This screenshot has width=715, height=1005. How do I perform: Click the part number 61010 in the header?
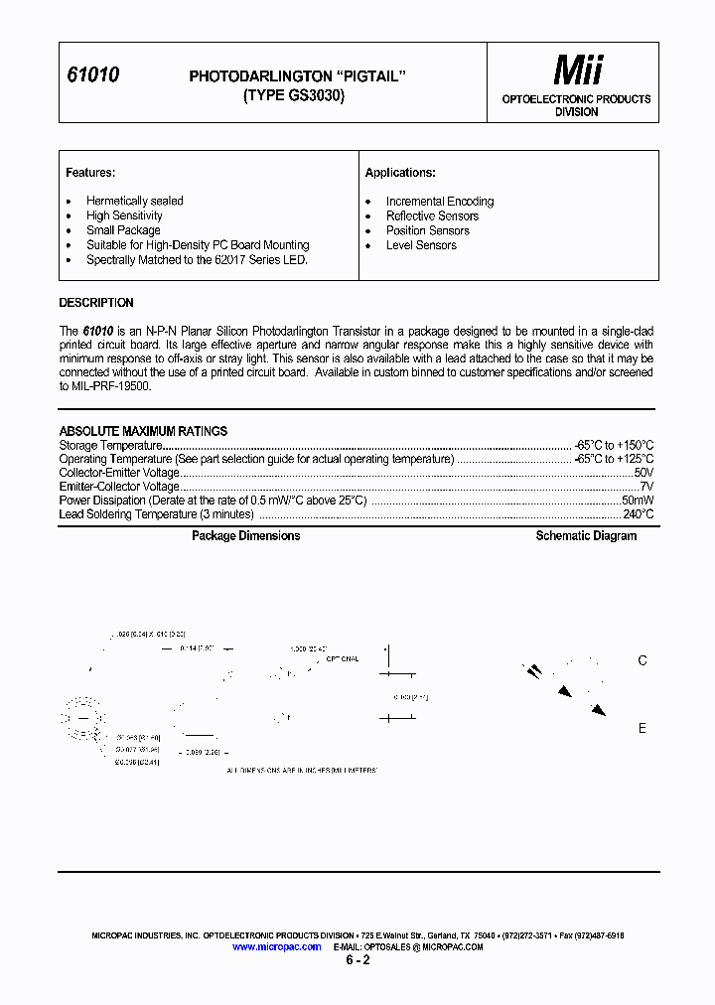pyautogui.click(x=92, y=75)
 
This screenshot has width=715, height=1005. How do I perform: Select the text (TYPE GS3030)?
pyautogui.click(x=294, y=96)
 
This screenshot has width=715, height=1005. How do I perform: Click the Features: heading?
pyautogui.click(x=90, y=173)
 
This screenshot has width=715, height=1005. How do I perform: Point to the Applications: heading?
pyautogui.click(x=400, y=173)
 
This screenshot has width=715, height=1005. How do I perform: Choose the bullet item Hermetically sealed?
pyautogui.click(x=134, y=201)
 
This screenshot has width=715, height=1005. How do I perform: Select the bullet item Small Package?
pyautogui.click(x=123, y=230)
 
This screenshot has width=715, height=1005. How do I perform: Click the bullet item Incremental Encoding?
pyautogui.click(x=439, y=202)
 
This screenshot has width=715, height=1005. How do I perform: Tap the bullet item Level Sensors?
pyautogui.click(x=421, y=245)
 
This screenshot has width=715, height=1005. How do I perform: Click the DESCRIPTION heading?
pyautogui.click(x=96, y=303)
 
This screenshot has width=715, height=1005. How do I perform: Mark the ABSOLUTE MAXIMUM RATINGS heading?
pyautogui.click(x=143, y=431)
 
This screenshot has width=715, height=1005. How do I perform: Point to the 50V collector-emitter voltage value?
pyautogui.click(x=643, y=473)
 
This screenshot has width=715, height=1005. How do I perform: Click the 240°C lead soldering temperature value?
pyautogui.click(x=638, y=514)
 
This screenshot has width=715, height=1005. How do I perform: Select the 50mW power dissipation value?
pyautogui.click(x=637, y=501)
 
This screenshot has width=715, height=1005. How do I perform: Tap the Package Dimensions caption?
pyautogui.click(x=245, y=536)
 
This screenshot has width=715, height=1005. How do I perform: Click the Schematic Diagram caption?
pyautogui.click(x=586, y=536)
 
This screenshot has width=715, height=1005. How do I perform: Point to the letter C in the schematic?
pyautogui.click(x=643, y=660)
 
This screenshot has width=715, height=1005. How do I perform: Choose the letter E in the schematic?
pyautogui.click(x=643, y=728)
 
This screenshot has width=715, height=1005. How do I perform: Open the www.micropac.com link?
pyautogui.click(x=276, y=947)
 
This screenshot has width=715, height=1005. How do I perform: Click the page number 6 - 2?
pyautogui.click(x=357, y=961)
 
